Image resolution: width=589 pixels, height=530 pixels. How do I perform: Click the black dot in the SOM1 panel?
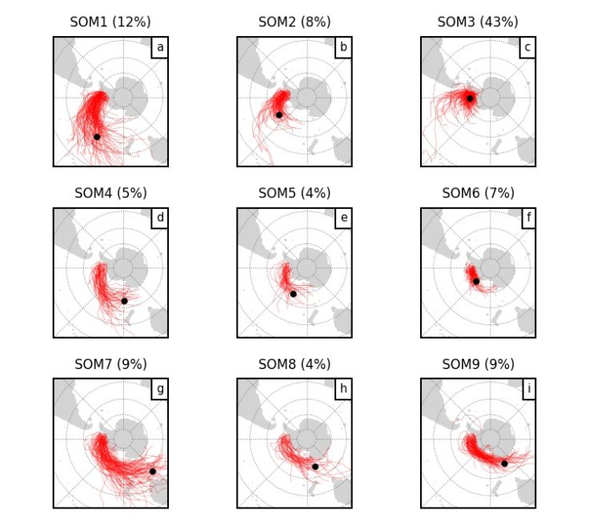click(x=97, y=136)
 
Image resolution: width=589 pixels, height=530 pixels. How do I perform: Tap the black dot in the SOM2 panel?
click(x=279, y=114)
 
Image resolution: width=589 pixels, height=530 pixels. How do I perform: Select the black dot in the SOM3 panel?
click(x=471, y=98)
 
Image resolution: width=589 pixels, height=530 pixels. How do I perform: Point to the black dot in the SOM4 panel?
click(x=124, y=301)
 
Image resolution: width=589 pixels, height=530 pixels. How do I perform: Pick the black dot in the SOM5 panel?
click(x=293, y=294)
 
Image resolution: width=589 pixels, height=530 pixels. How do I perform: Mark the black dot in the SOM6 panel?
click(x=476, y=281)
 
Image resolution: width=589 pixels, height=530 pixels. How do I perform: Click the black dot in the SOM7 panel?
click(x=152, y=471)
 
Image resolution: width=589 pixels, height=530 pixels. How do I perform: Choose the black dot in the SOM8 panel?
click(x=315, y=467)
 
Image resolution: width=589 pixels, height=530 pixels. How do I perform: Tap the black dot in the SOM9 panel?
click(x=505, y=464)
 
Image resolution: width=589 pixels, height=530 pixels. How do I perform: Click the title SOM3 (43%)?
click(x=478, y=21)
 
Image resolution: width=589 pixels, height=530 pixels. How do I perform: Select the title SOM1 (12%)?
click(x=110, y=21)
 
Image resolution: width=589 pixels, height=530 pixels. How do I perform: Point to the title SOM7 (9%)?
click(x=110, y=363)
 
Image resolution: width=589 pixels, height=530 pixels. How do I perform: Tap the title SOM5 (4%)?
click(x=294, y=192)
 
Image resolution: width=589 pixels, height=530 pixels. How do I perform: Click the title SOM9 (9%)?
click(x=478, y=363)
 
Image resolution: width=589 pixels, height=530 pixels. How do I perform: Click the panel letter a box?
click(x=160, y=48)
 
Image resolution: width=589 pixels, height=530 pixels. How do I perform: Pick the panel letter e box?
click(x=343, y=219)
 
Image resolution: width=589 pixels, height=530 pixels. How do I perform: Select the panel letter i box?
click(x=527, y=390)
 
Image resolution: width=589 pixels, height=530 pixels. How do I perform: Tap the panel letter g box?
click(x=160, y=390)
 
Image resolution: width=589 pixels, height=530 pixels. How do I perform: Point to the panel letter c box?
click(x=527, y=48)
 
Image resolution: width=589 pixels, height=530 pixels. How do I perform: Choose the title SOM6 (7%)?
click(x=478, y=192)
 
